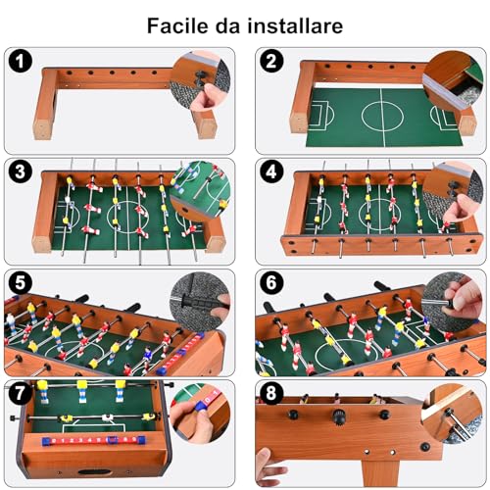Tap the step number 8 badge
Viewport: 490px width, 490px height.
coord(272,393)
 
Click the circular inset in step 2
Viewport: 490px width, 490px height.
coord(455,82)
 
